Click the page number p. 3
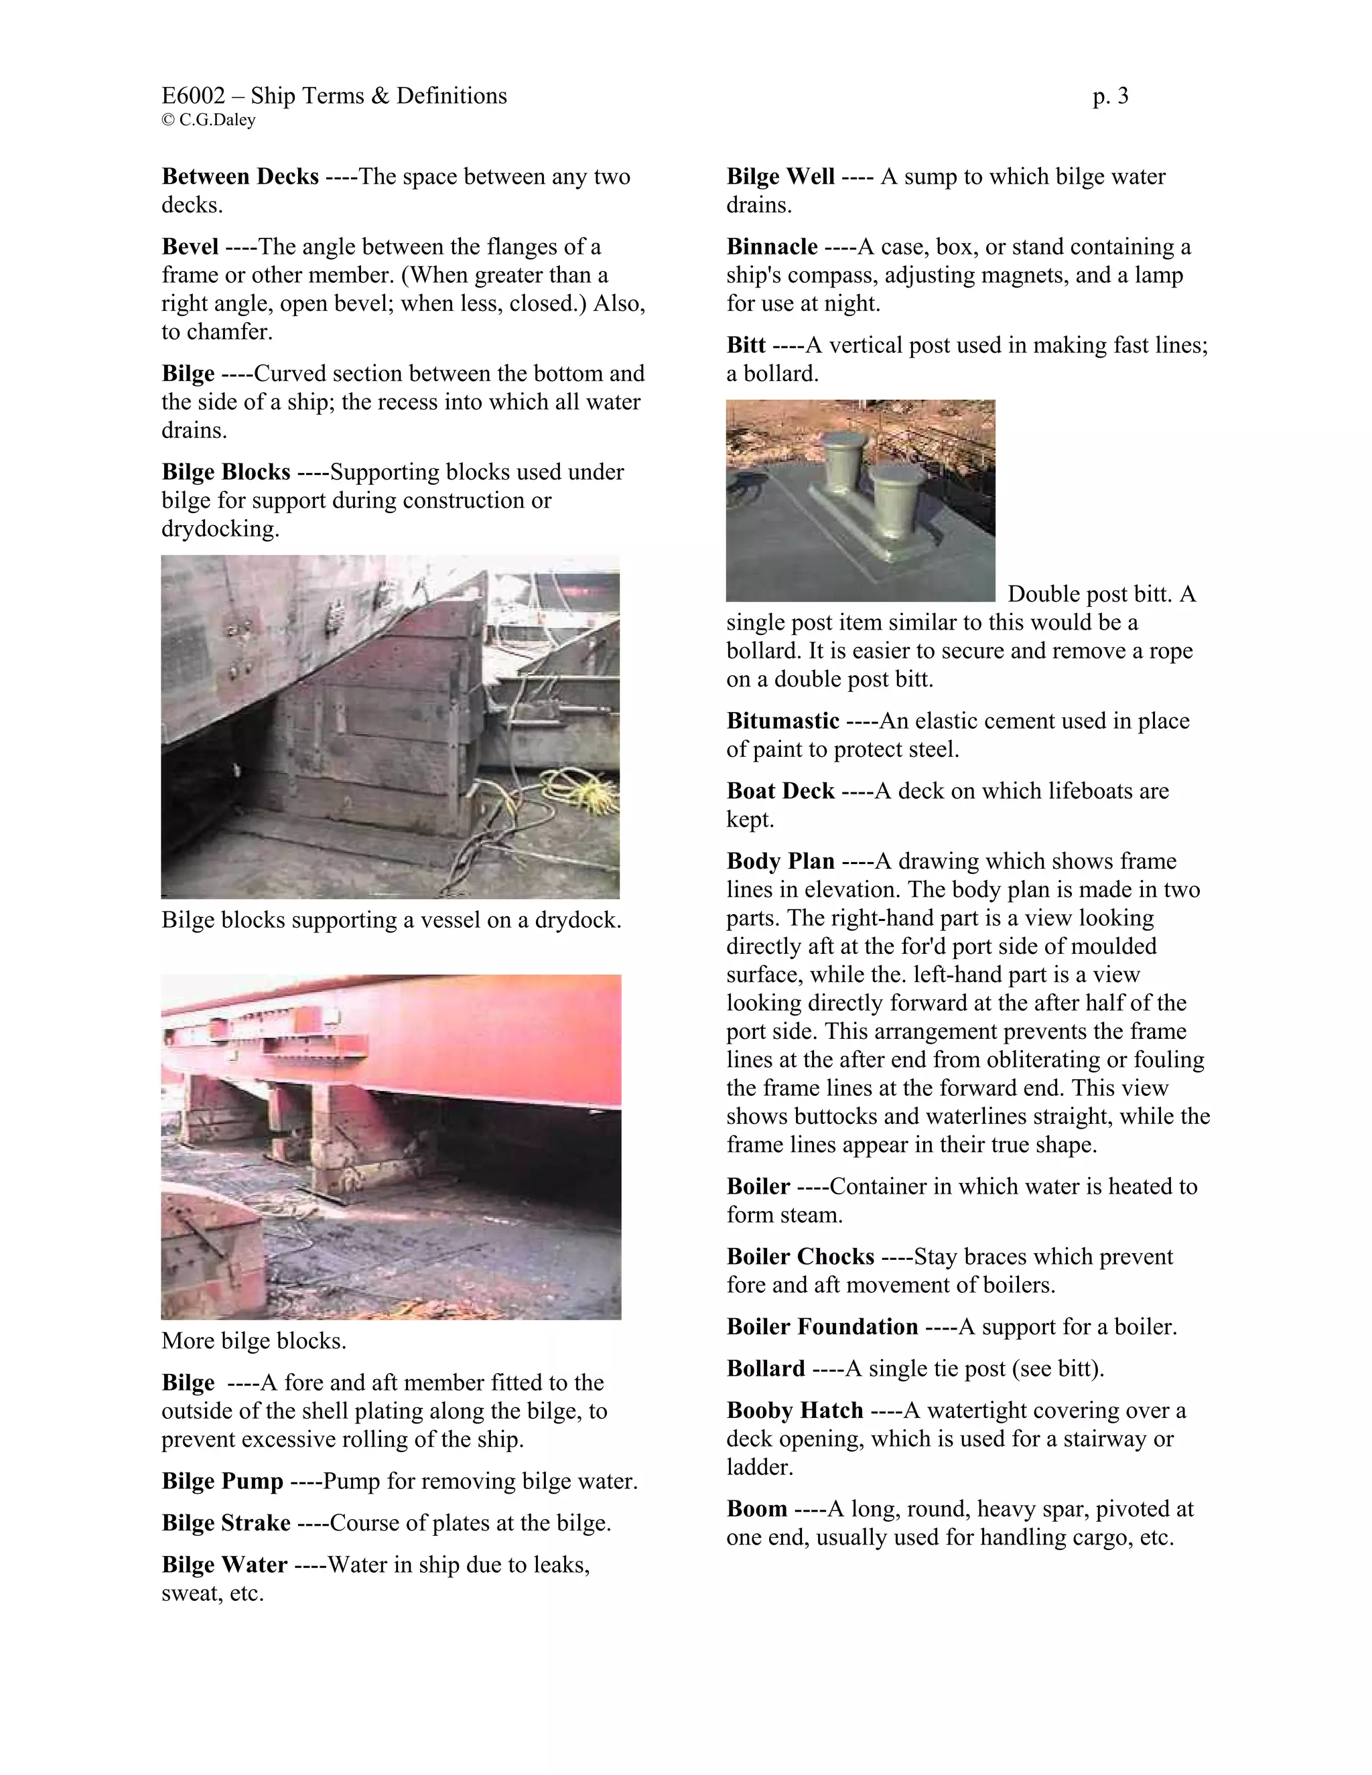point(1110,96)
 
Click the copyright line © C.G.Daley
point(209,121)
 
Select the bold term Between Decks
point(240,176)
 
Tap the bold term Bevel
point(190,246)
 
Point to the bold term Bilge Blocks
point(226,472)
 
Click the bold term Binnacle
point(772,246)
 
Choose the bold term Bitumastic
point(782,720)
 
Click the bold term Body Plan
point(780,861)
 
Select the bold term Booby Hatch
point(794,1410)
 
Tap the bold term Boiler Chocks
point(800,1257)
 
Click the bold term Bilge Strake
point(226,1522)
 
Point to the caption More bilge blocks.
point(254,1340)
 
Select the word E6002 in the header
point(194,96)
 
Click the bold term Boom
point(757,1508)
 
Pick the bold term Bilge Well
point(780,176)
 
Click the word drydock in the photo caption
point(577,920)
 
